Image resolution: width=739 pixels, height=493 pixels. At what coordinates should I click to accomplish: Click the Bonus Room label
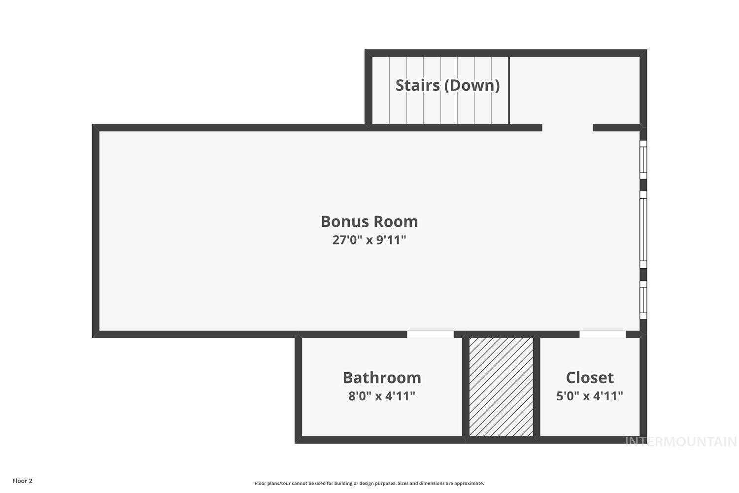(369, 221)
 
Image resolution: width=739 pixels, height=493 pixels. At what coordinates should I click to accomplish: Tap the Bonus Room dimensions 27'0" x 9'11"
(369, 240)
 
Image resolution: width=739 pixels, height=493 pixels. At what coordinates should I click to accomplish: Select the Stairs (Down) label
(447, 85)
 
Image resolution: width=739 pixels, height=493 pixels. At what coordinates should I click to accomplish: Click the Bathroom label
(382, 378)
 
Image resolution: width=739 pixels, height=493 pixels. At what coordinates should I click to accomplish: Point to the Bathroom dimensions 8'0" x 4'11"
(382, 396)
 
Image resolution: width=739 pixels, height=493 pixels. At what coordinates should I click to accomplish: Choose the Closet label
(590, 378)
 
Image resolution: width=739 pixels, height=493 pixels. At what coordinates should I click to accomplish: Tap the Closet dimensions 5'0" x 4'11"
(590, 396)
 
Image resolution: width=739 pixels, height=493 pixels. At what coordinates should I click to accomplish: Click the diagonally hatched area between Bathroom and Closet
(501, 387)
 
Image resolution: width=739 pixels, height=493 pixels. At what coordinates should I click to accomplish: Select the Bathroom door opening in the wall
(430, 334)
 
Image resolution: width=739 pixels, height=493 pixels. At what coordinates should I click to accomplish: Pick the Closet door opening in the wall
(603, 334)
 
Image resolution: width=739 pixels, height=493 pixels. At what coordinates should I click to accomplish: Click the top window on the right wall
(643, 160)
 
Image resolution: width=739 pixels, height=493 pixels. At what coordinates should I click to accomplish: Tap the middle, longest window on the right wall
(643, 230)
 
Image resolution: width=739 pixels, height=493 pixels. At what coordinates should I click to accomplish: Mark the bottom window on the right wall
(643, 300)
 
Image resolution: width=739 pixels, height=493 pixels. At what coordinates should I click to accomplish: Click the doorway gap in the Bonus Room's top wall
(567, 128)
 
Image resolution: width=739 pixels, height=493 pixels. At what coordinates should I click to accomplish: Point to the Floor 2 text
(22, 481)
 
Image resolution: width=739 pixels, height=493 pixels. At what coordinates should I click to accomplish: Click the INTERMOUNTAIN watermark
(680, 442)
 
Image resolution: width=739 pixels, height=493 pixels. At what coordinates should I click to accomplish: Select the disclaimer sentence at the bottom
(369, 483)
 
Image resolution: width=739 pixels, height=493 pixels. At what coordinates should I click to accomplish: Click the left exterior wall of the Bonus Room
(96, 231)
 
